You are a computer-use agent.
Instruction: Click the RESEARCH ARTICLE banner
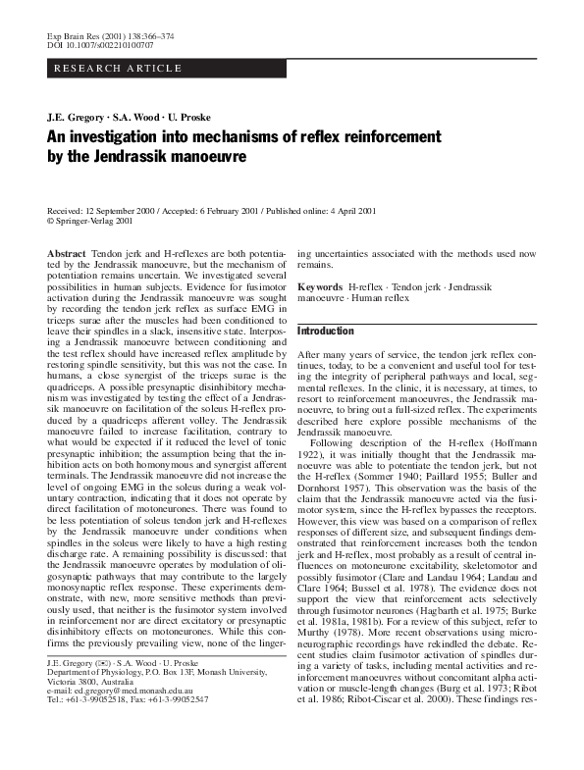pos(117,68)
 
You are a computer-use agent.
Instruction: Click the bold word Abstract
pos(67,254)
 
